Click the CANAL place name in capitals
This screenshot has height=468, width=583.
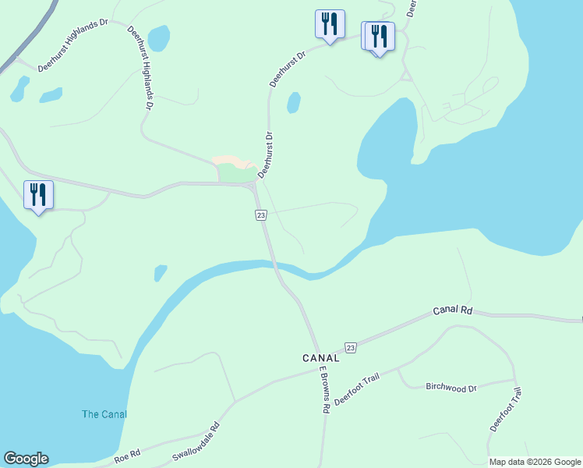coord(321,358)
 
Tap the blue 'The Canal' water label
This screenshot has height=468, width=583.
coord(104,414)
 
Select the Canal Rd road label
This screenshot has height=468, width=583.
coord(453,310)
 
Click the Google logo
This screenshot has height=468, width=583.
coord(26,459)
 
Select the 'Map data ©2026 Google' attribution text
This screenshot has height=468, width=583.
coord(535,462)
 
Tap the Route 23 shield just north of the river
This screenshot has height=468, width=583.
coord(260,214)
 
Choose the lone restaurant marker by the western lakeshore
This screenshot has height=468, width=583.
coord(38,195)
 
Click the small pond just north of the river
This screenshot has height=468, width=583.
coord(160,273)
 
